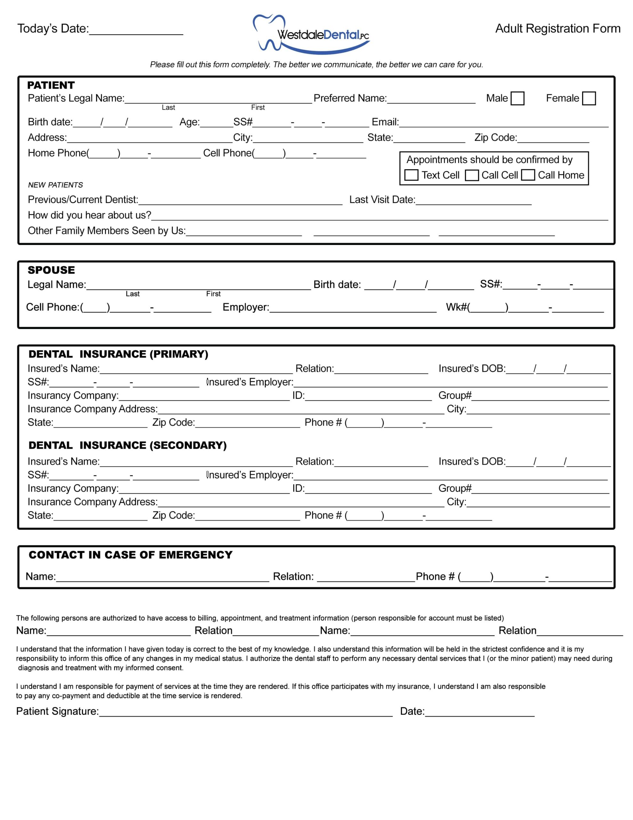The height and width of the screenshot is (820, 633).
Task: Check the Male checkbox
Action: click(517, 98)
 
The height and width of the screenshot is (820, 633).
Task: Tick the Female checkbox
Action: click(589, 98)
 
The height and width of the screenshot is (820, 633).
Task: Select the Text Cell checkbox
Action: click(411, 175)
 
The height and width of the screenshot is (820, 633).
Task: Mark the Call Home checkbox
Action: click(528, 175)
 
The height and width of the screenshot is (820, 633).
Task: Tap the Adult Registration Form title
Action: click(557, 29)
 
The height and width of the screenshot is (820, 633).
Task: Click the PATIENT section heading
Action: click(51, 85)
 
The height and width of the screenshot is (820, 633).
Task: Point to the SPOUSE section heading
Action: click(52, 270)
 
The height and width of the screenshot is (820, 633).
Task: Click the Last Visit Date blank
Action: click(474, 201)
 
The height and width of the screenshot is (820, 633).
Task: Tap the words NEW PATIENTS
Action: click(56, 185)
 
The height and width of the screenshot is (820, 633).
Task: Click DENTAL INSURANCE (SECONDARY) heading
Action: click(128, 445)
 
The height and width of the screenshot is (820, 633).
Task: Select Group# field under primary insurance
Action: click(540, 397)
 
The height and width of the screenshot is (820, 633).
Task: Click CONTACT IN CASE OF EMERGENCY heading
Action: click(131, 555)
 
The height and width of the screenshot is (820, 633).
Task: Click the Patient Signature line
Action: click(246, 712)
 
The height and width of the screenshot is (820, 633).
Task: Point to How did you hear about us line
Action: click(379, 217)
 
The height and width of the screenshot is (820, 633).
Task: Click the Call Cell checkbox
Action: click(472, 175)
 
